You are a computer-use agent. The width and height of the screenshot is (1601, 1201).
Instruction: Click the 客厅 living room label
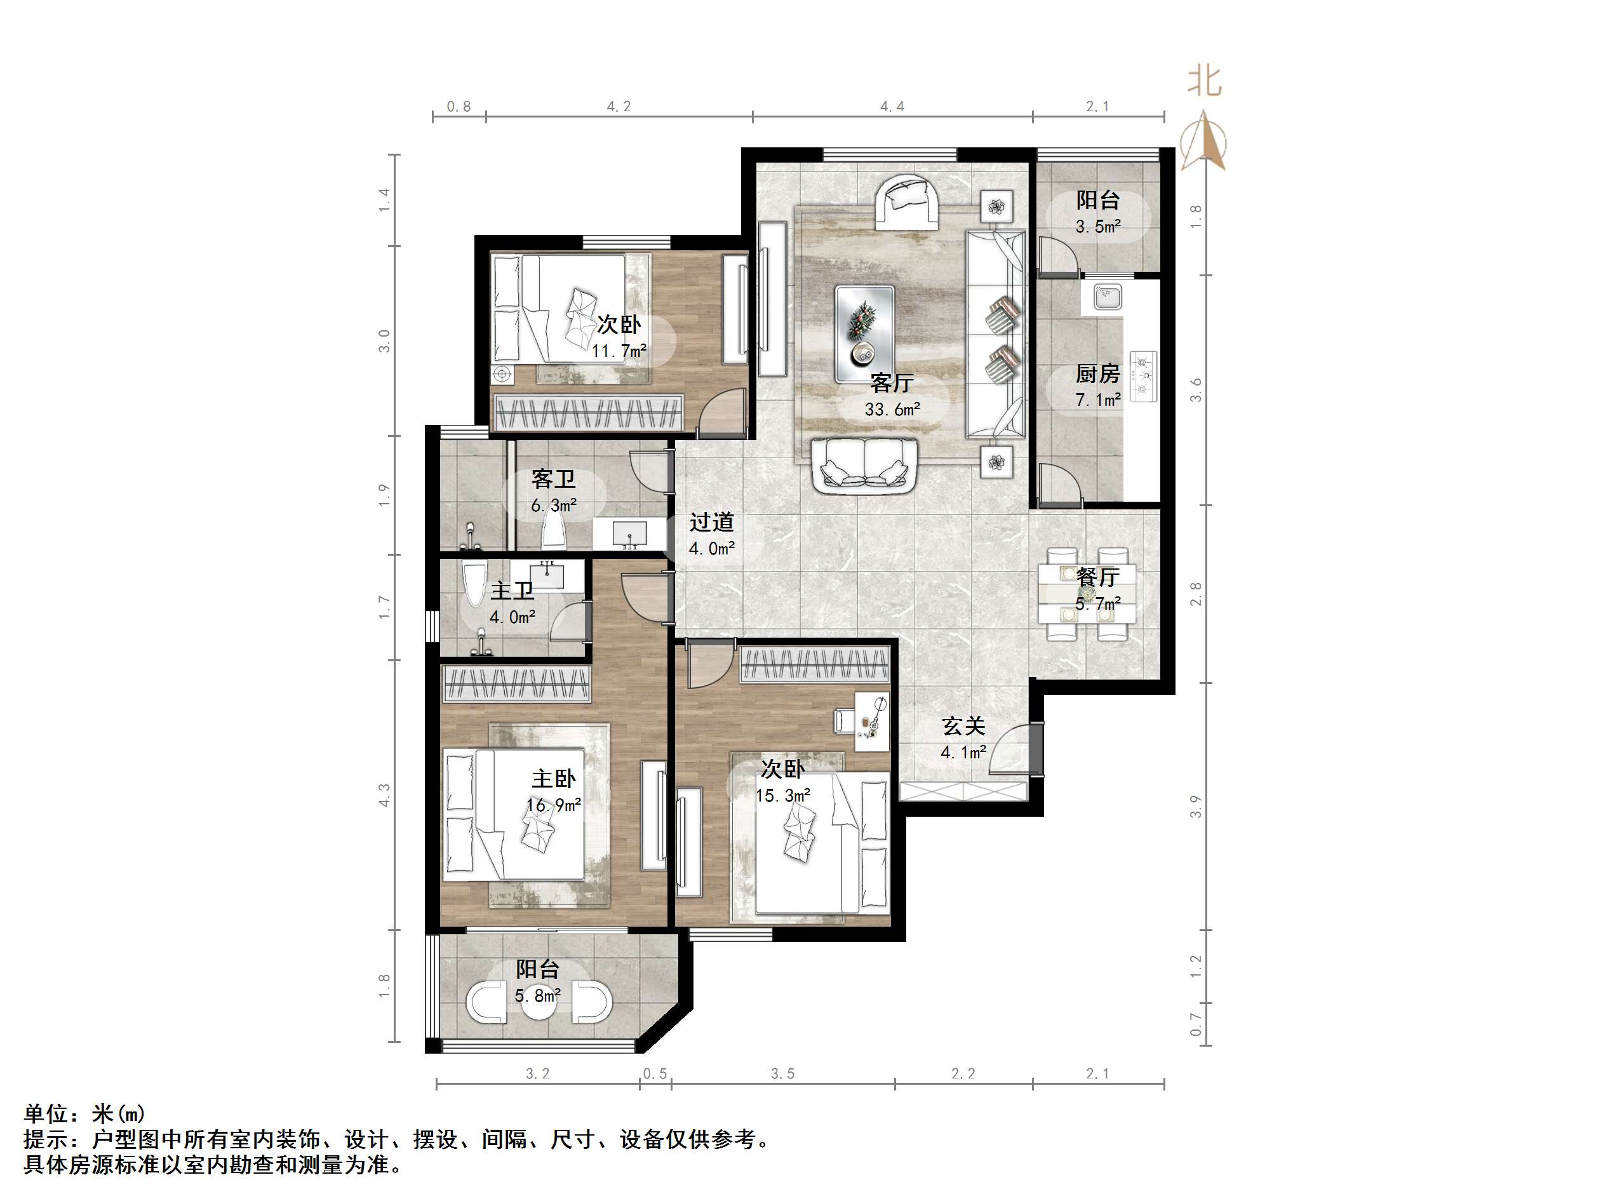tap(892, 382)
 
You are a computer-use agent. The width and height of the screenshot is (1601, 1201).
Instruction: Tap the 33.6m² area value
tap(892, 410)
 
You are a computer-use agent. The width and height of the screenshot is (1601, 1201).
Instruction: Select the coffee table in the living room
tap(864, 333)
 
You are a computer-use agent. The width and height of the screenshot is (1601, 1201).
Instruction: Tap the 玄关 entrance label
tap(963, 725)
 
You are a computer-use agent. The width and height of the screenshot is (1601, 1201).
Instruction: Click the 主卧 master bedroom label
tap(554, 779)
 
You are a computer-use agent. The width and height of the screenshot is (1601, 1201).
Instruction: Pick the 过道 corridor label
tap(711, 522)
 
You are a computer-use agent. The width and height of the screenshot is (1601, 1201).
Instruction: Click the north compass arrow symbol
tap(1202, 141)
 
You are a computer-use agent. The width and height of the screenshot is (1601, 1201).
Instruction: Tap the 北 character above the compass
tap(1203, 81)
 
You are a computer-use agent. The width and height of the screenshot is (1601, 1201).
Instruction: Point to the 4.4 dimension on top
tap(892, 107)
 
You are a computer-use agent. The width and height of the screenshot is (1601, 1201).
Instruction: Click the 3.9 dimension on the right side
tap(1196, 807)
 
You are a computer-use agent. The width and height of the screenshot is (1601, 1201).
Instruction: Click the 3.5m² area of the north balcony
tap(1097, 227)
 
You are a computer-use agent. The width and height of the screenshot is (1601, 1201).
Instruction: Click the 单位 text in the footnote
tap(47, 1113)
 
